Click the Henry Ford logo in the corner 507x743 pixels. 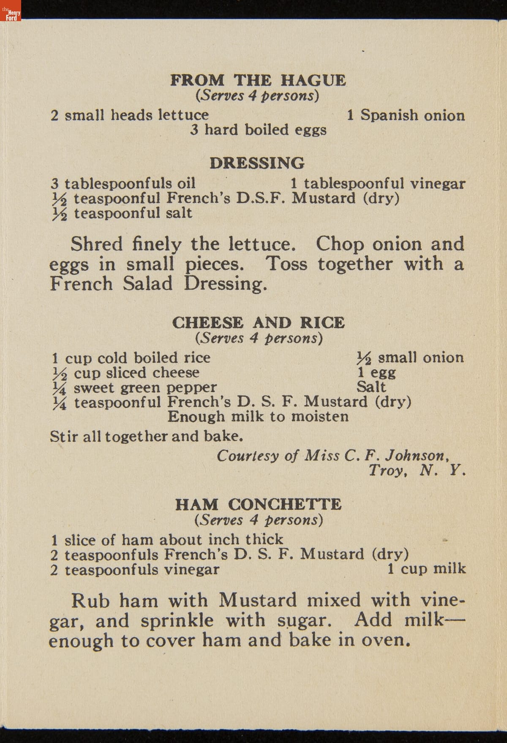[x=11, y=14]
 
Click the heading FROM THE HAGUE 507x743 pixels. [x=258, y=80]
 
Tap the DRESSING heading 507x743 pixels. [x=257, y=163]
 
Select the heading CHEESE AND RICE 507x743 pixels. [x=258, y=323]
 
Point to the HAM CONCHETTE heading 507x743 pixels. [x=258, y=504]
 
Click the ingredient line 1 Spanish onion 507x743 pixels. [x=406, y=115]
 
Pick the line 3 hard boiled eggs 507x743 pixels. [x=258, y=130]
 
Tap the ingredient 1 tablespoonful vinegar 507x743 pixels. [x=378, y=183]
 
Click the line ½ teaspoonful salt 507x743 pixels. [x=122, y=213]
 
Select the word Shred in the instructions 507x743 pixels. [x=96, y=244]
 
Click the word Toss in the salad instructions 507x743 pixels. [x=286, y=264]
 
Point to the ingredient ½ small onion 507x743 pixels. [x=410, y=358]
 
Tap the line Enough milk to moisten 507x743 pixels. [x=258, y=417]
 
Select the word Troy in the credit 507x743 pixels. [x=387, y=470]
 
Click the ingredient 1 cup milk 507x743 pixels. [x=426, y=569]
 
